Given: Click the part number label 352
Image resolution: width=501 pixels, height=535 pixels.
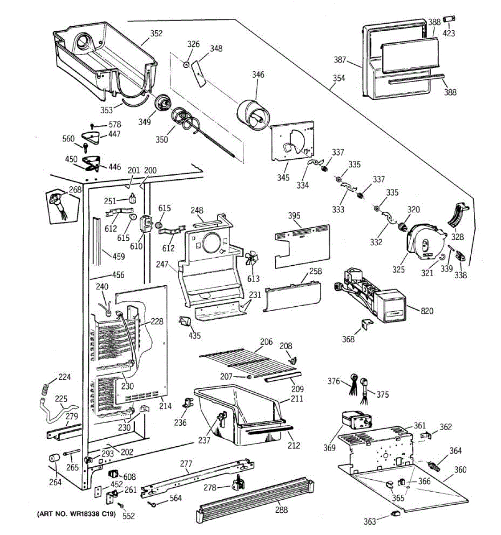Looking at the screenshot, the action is tap(156, 33).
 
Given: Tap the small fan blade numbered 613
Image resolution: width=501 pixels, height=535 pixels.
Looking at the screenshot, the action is tap(252, 259).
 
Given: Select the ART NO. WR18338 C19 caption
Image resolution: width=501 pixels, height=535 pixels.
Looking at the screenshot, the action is tap(77, 514).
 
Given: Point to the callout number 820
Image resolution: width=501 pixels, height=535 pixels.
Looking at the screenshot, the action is tap(427, 311).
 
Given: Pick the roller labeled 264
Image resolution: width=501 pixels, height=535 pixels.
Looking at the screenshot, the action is tap(54, 458).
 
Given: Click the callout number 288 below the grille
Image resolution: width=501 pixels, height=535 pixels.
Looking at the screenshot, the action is tap(281, 510).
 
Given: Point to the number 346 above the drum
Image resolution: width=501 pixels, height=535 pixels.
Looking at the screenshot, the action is tap(258, 74).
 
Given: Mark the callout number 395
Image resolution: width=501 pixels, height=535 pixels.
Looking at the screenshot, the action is tap(294, 215).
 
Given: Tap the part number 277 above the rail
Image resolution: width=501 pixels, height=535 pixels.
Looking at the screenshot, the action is tap(186, 464).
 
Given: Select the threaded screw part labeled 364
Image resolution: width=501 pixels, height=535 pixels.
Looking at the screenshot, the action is tap(433, 465).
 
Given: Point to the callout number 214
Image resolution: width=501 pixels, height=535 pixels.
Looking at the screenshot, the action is tap(165, 406).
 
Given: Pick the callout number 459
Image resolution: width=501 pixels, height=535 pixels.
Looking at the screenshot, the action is tap(118, 256).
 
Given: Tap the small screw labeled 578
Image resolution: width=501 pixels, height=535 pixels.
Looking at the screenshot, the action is tap(92, 126).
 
